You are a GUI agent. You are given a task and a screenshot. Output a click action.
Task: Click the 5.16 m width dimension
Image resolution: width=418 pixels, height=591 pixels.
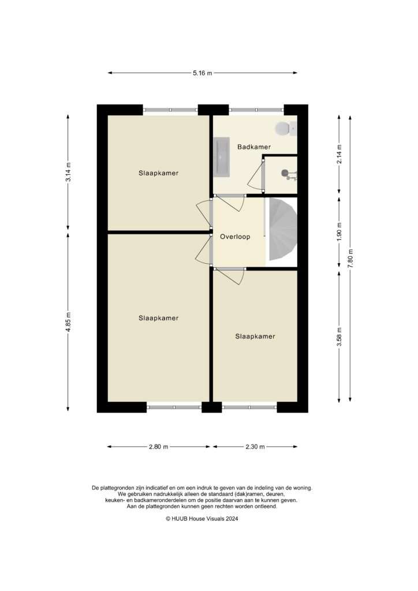coord(203,73)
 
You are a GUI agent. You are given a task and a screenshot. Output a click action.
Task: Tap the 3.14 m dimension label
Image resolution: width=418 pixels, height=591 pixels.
coord(68,172)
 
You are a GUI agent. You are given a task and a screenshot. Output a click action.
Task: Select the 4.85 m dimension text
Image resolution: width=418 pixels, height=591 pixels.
coord(68,321)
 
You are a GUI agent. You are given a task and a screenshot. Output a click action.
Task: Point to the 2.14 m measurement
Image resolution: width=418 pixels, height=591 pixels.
coord(339,154)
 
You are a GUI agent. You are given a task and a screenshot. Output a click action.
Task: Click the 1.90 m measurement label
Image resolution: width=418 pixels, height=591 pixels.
coord(339,232)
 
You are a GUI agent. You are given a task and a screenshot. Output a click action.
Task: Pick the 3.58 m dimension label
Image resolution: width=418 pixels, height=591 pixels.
coord(339,337)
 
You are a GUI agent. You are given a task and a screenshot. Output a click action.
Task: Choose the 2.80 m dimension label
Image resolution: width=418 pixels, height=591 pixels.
coord(158,447)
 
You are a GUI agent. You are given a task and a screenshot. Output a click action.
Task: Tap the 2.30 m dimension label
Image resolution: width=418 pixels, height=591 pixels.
coord(255,447)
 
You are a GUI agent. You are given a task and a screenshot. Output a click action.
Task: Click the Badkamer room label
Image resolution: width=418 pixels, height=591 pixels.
coord(254,147)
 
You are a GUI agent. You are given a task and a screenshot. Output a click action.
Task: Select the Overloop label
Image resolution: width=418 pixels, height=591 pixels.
coord(235,237)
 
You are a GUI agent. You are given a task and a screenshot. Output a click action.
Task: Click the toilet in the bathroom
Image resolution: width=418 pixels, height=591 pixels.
coord(283,128)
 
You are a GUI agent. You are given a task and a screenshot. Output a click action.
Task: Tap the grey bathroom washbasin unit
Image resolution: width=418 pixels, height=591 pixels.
coord(222,156)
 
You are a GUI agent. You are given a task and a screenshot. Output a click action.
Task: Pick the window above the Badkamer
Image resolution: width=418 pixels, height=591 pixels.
coord(256,110)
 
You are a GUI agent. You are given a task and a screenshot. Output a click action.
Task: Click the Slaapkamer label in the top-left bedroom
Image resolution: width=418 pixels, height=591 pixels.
coord(158,173)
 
